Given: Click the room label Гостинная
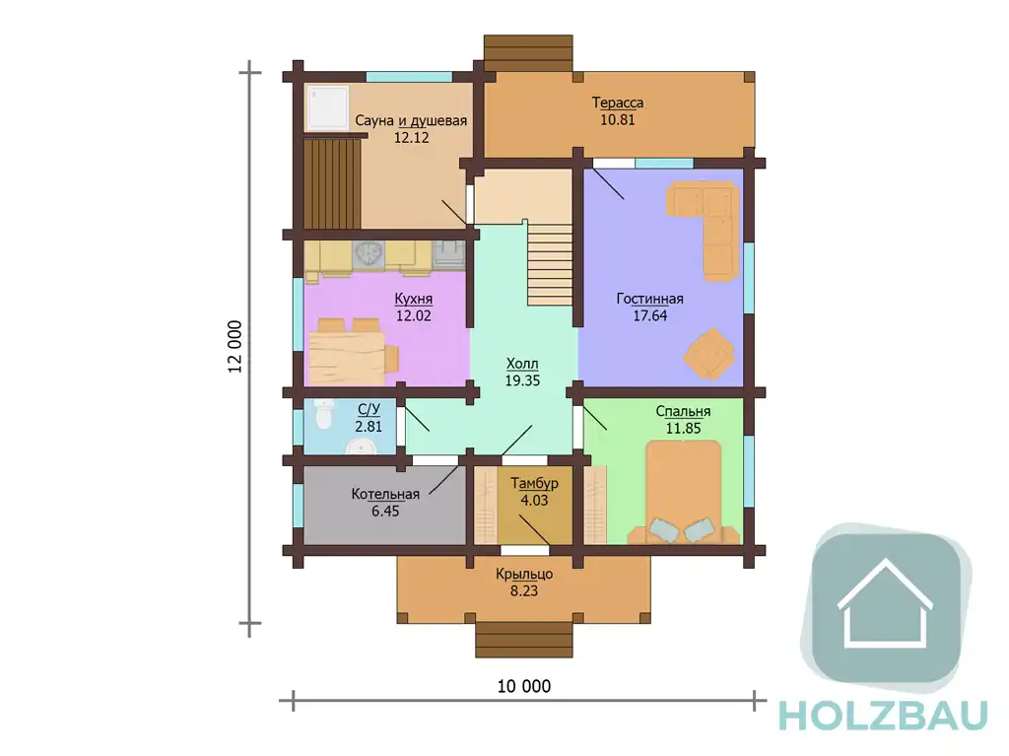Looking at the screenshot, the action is click(x=649, y=299).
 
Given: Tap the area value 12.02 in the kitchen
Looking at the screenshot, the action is click(x=413, y=315).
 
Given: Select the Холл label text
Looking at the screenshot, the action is click(x=522, y=363).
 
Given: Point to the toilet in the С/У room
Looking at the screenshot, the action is click(x=323, y=413).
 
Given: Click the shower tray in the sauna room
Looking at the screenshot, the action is click(x=327, y=107).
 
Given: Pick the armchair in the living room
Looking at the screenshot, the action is click(x=709, y=354).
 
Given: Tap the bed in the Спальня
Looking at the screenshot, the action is click(x=684, y=492).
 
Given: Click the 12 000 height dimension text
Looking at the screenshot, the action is click(x=235, y=346).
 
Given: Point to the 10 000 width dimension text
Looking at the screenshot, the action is click(x=524, y=686).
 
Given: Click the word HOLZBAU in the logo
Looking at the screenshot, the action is click(x=883, y=716).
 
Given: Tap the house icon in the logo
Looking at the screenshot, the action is click(x=886, y=603).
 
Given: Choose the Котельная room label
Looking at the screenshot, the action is click(x=385, y=494).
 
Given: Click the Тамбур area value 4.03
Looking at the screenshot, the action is click(x=534, y=501).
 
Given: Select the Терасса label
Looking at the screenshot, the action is click(x=617, y=103).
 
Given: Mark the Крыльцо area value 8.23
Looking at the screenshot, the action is click(x=524, y=591).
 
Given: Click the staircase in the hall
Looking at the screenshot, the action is click(x=550, y=264).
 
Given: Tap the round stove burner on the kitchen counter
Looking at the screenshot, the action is click(x=370, y=253).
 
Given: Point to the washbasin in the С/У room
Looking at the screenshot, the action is click(x=361, y=447).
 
